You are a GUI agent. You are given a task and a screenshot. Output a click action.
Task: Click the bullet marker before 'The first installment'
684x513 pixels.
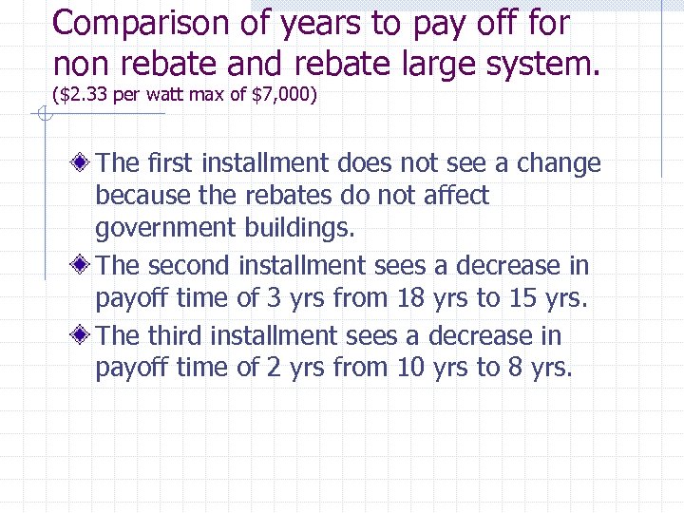pyautogui.click(x=85, y=162)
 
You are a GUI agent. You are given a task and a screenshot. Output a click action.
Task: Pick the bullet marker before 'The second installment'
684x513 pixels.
pyautogui.click(x=85, y=265)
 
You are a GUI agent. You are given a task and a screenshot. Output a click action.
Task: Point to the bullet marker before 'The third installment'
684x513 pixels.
pyautogui.click(x=85, y=335)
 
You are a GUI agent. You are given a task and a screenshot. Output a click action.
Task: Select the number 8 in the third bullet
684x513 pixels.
pyautogui.click(x=515, y=369)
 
